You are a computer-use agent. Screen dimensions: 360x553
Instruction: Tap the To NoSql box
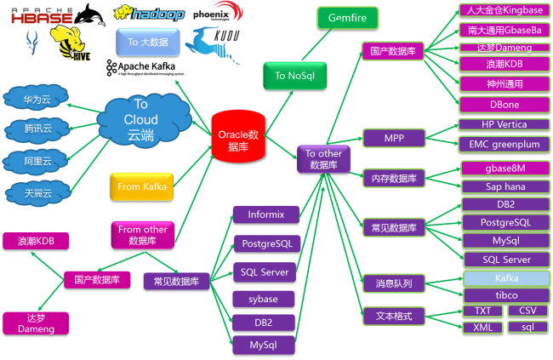click(292, 76)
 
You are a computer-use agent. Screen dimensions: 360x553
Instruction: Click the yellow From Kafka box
click(141, 186)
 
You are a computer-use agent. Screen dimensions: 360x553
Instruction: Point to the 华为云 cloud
click(37, 100)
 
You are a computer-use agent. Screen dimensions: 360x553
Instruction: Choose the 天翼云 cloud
click(37, 193)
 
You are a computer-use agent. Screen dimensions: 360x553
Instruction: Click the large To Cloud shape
click(141, 121)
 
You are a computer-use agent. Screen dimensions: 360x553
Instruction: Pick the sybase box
click(264, 299)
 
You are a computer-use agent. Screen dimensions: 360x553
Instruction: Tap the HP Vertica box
click(504, 124)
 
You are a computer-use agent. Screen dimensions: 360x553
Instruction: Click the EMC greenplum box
click(504, 144)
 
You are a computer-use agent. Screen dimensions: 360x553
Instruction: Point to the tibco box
click(506, 294)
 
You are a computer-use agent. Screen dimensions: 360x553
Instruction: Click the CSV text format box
click(527, 311)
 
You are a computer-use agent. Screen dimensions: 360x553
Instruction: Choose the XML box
click(482, 328)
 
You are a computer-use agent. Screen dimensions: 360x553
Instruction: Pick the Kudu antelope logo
click(213, 44)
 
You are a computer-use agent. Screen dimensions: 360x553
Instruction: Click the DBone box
click(504, 104)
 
